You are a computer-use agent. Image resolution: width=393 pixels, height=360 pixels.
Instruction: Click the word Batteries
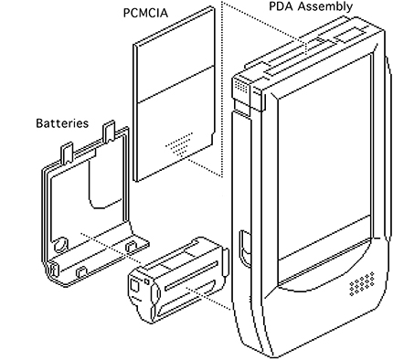click(62, 123)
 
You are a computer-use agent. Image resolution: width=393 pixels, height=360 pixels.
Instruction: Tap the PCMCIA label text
click(145, 13)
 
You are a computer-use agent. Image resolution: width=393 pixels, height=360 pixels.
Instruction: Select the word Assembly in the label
click(325, 7)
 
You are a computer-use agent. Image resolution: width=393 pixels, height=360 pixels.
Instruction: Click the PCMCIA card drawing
click(174, 94)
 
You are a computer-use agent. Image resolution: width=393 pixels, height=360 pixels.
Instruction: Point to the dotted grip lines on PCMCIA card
click(179, 143)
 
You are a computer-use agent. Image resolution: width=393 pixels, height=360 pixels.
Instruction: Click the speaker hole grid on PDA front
click(362, 283)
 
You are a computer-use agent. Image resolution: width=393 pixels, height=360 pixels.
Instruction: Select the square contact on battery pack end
click(134, 286)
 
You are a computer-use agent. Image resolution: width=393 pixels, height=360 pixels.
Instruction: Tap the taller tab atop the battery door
click(110, 131)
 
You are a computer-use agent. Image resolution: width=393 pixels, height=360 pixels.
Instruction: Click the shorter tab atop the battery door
click(68, 152)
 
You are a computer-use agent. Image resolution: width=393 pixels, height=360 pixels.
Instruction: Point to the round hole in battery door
click(61, 244)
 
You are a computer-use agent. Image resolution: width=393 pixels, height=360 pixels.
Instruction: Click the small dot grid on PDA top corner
click(241, 86)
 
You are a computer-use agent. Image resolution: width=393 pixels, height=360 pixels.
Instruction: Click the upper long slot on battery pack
click(191, 276)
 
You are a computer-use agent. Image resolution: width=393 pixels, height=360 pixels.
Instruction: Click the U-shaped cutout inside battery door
click(103, 185)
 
